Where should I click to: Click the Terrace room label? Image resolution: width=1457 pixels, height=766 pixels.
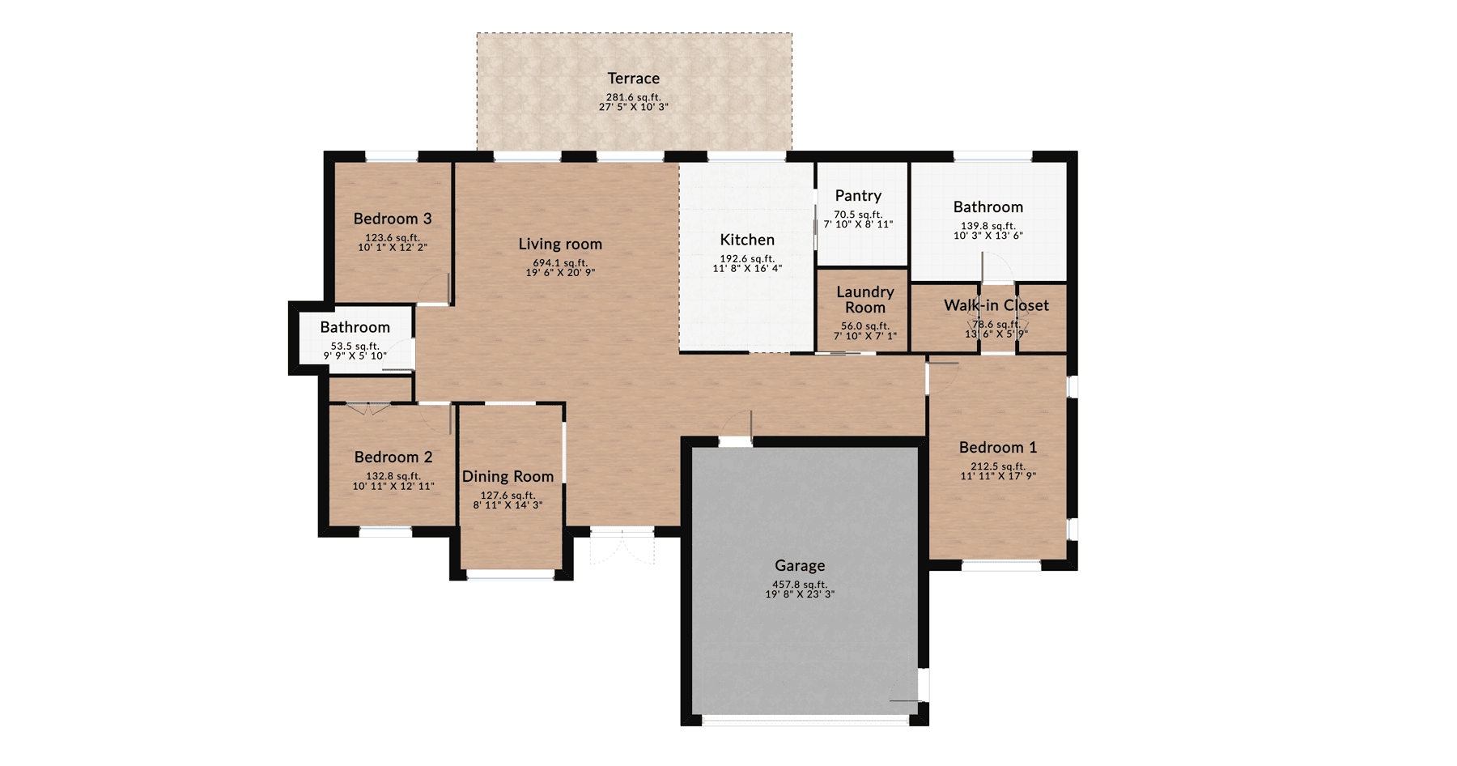633,79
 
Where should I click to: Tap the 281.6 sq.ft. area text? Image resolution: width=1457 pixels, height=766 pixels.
633,97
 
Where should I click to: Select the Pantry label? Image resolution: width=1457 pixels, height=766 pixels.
858,196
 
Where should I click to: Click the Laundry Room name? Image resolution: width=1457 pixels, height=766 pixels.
864,300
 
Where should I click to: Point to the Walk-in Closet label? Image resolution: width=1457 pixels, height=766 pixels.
996,305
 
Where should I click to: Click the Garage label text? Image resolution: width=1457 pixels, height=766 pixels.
800,565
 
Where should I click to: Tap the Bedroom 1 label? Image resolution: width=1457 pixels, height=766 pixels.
997,447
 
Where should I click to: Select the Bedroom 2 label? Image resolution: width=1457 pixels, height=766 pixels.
393,457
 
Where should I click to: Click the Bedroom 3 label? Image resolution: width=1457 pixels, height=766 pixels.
393,219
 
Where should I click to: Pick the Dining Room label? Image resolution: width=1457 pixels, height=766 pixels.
508,476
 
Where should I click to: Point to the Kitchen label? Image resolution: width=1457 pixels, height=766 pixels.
747,240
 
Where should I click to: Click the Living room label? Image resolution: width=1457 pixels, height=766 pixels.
560,244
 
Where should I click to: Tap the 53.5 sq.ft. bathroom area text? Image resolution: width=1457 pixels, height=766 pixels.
355,346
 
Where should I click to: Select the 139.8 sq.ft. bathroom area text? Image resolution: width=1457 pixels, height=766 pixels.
988,226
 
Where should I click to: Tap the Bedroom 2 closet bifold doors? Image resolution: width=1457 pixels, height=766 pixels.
368,408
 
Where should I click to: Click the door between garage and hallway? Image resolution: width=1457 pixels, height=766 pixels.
737,429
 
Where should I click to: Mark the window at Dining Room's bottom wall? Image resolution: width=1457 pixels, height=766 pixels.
511,574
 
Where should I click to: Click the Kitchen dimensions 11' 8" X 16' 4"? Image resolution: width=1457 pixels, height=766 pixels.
747,269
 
